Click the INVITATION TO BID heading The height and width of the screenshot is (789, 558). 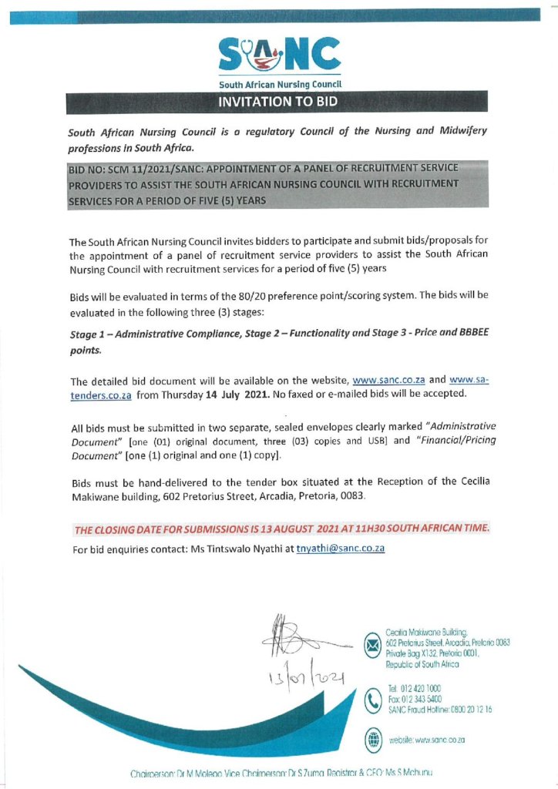pos(278,101)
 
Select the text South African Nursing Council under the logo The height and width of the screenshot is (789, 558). pos(279,84)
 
